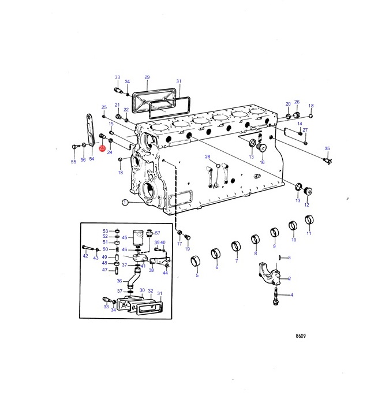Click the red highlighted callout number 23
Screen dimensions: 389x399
point(102,148)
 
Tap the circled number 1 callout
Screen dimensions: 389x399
point(125,203)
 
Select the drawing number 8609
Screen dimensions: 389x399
point(301,336)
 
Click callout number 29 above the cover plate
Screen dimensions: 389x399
point(147,77)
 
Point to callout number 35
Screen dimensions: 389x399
point(327,148)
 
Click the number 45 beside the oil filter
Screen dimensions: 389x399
point(125,237)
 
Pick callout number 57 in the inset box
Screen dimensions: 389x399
point(158,233)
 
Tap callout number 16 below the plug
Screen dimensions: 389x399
point(262,162)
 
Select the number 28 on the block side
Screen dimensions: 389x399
point(208,156)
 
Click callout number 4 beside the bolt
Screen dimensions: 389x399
point(291,295)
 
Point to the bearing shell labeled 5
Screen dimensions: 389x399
point(195,261)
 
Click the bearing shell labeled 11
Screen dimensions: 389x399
point(309,220)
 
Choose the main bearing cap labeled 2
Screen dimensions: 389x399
point(270,274)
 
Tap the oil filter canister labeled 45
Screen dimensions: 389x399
point(138,238)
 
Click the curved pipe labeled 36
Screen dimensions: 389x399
point(134,277)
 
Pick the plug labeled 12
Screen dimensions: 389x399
point(308,191)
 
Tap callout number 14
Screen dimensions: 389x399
point(300,124)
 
